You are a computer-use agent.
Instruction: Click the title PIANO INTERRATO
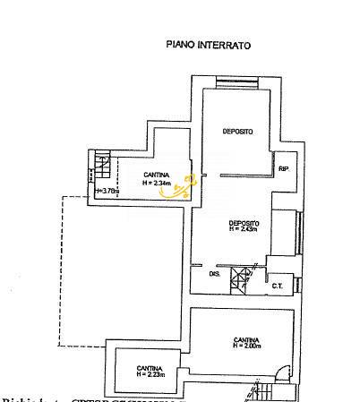pyautogui.click(x=209, y=44)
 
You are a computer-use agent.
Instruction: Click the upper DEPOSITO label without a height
pyautogui.click(x=237, y=132)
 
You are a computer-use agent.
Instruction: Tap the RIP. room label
pyautogui.click(x=284, y=169)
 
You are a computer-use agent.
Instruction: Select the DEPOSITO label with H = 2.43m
pyautogui.click(x=244, y=223)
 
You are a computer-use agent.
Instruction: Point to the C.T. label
pyautogui.click(x=278, y=287)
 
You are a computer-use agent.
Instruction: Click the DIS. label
pyautogui.click(x=214, y=274)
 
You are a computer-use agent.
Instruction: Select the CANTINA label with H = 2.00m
pyautogui.click(x=246, y=340)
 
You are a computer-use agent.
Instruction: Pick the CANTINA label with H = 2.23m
pyautogui.click(x=150, y=368)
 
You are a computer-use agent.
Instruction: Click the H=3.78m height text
pyautogui.click(x=107, y=190)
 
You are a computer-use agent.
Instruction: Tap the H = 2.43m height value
pyautogui.click(x=244, y=229)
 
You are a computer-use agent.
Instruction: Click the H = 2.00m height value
pyautogui.click(x=246, y=346)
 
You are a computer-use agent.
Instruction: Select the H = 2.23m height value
pyautogui.click(x=150, y=374)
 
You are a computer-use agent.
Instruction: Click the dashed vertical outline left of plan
pyautogui.click(x=59, y=269)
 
